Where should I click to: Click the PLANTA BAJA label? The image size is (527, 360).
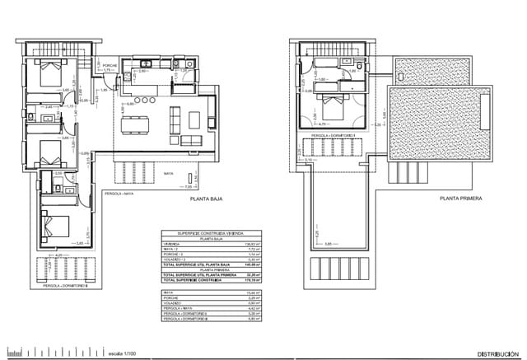tap(208, 199)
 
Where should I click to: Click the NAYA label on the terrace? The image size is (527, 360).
tap(167, 174)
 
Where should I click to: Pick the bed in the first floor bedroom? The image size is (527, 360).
tap(333, 107)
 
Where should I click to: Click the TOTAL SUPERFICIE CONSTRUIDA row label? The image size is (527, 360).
tap(194, 280)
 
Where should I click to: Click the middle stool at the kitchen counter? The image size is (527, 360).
tap(144, 102)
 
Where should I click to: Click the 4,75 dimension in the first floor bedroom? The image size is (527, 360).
tap(325, 124)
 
